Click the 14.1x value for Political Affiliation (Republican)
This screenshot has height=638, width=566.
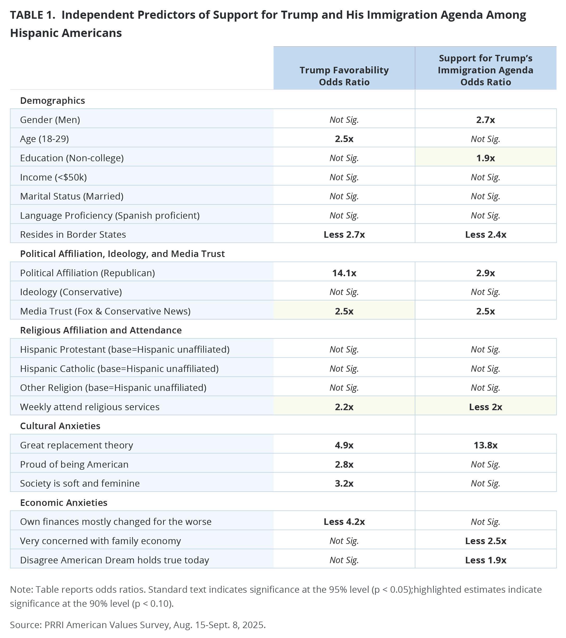tap(344, 273)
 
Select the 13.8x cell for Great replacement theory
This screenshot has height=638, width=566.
tap(485, 445)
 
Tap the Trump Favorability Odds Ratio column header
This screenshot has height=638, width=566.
tap(344, 76)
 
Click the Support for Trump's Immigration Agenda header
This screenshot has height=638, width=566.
tap(485, 70)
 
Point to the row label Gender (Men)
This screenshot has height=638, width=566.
tap(50, 120)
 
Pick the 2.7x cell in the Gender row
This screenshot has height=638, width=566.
tap(485, 120)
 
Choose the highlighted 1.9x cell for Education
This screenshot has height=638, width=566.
tap(485, 158)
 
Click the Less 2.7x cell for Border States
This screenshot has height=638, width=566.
tap(344, 235)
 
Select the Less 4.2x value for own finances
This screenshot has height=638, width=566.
tap(344, 521)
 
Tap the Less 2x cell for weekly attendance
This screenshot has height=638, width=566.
tap(485, 407)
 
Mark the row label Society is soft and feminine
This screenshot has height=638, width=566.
tap(80, 484)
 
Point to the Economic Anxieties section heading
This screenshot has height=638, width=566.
tap(64, 502)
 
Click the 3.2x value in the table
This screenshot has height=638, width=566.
tap(344, 484)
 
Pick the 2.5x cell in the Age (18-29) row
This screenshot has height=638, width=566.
tap(344, 139)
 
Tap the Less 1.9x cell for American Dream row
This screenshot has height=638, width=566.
tap(485, 560)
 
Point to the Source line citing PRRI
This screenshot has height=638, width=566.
tap(138, 624)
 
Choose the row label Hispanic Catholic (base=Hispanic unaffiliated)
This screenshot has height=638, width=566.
tap(119, 369)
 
